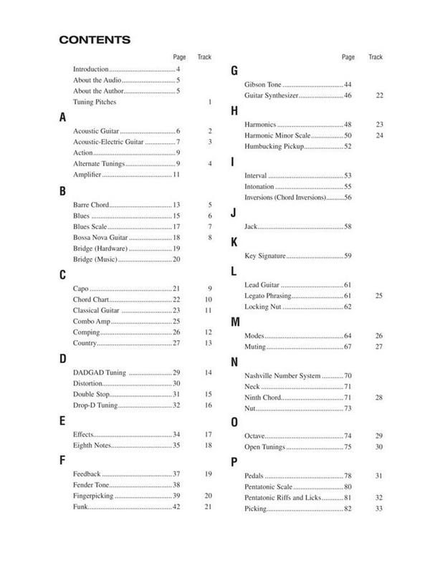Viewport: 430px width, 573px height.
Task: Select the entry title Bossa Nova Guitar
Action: [x=100, y=237]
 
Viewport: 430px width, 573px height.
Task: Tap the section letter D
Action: [x=63, y=360]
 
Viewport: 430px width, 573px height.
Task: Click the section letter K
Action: [x=234, y=242]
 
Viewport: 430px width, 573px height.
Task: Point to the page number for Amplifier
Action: [x=176, y=175]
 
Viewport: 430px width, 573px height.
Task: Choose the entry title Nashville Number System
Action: [x=282, y=376]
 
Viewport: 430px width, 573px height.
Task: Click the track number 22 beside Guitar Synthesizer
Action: [x=379, y=95]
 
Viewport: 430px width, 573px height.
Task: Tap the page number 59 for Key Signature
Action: [x=348, y=256]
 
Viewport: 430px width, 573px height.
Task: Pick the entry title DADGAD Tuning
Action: [x=100, y=373]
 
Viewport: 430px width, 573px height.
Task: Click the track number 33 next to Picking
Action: [x=379, y=509]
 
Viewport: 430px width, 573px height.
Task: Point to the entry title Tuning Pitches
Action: [x=95, y=102]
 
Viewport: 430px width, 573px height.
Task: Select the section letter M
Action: [x=235, y=322]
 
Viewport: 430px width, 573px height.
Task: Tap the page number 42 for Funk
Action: [x=176, y=507]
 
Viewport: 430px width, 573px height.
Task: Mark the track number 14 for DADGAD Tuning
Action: [x=209, y=373]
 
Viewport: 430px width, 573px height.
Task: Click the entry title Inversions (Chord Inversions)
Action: [x=285, y=197]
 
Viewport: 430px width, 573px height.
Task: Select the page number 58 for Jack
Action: [x=348, y=226]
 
